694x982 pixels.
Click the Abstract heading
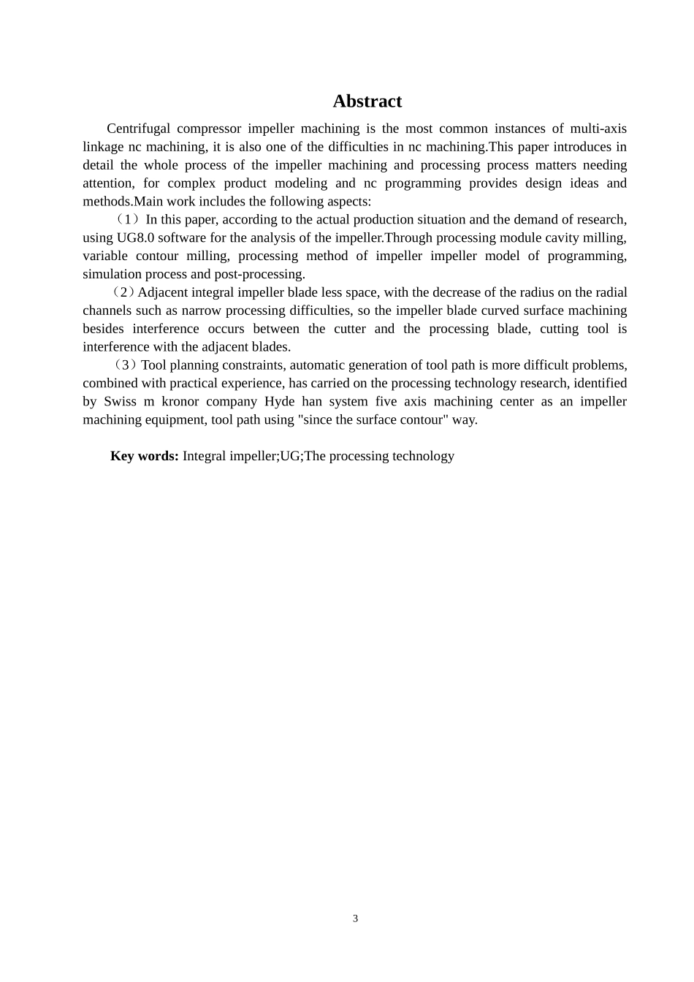tap(367, 101)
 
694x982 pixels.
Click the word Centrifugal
tap(137, 129)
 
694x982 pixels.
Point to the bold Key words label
tap(144, 456)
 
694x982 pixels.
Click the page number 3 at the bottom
tap(355, 918)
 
